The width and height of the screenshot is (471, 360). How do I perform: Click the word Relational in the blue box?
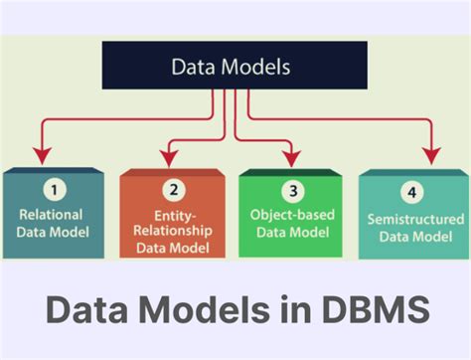49,214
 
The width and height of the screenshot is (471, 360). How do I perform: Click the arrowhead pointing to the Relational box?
41,154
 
